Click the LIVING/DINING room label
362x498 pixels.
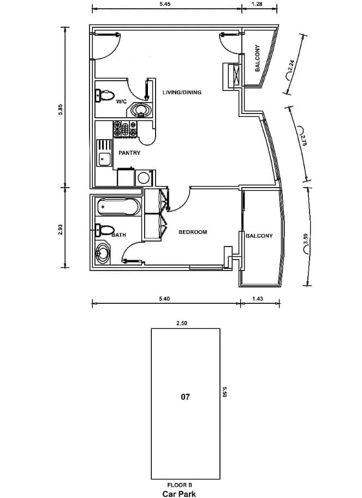coord(182,92)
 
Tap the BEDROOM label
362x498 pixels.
coord(193,232)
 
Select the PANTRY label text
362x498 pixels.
coord(129,153)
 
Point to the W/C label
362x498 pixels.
coord(121,101)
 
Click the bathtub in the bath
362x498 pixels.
coord(118,206)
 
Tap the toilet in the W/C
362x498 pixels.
coord(105,95)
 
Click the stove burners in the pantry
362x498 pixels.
coord(125,129)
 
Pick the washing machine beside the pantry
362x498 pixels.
coord(145,178)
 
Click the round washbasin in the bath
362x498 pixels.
coord(103,254)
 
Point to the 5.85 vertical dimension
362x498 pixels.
coord(61,110)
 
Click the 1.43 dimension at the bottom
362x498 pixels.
coord(257,298)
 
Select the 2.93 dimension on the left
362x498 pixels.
coord(61,230)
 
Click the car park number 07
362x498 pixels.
coord(185,397)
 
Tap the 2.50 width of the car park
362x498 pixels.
coord(182,323)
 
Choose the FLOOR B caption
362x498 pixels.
coord(180,485)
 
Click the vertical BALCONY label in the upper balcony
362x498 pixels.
coord(257,58)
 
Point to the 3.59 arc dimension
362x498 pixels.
coord(305,239)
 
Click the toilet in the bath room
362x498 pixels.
coord(105,230)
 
